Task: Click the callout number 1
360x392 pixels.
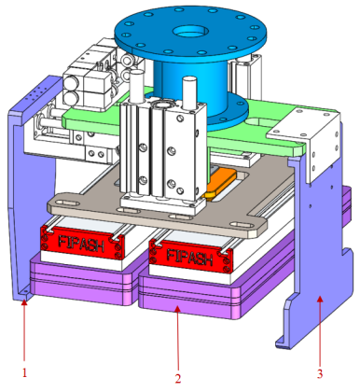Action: [24, 372]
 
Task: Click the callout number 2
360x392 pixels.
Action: [178, 378]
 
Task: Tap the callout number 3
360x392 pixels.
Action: [320, 373]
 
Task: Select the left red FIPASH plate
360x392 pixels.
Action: [82, 243]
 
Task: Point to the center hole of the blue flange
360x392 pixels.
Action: [190, 32]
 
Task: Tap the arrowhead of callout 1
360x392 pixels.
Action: [24, 301]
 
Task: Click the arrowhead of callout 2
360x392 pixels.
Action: [177, 309]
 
